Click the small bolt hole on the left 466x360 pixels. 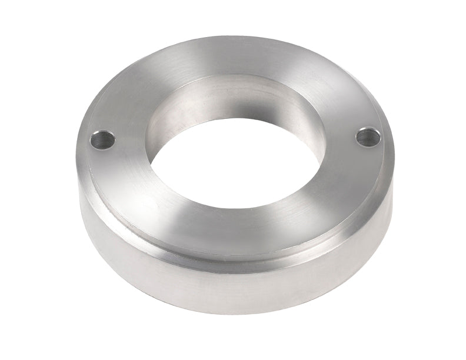pyautogui.click(x=102, y=140)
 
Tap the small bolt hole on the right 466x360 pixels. pyautogui.click(x=368, y=137)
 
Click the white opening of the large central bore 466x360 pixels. pyautogui.click(x=235, y=162)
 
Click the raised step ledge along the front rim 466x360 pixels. pyautogui.click(x=235, y=259)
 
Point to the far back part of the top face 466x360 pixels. pyautogui.click(x=235, y=56)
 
